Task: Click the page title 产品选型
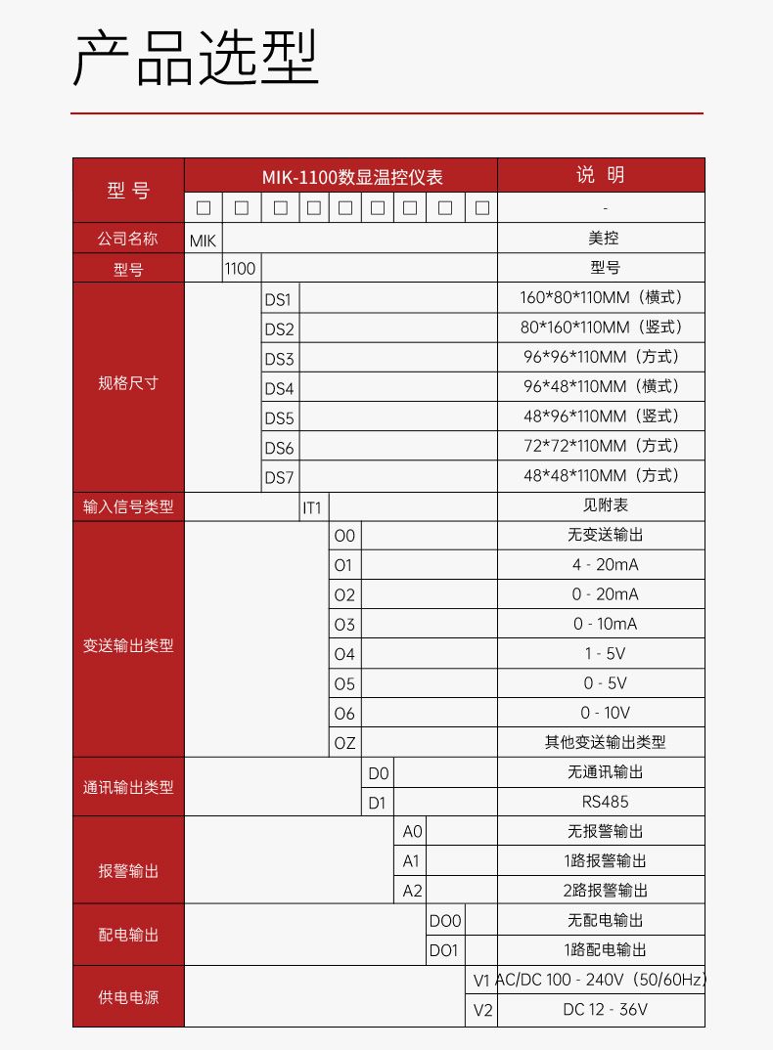click(x=197, y=59)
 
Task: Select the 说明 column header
click(x=601, y=176)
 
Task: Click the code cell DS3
click(x=279, y=359)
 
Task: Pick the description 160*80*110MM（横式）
click(x=601, y=297)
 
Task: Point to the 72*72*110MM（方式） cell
click(x=601, y=446)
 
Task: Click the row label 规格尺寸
click(x=128, y=383)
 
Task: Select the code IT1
click(x=312, y=507)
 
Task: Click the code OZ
click(x=344, y=743)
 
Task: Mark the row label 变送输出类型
click(x=128, y=646)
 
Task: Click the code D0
click(x=379, y=773)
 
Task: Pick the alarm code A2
click(x=412, y=891)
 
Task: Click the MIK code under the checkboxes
click(x=203, y=240)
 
